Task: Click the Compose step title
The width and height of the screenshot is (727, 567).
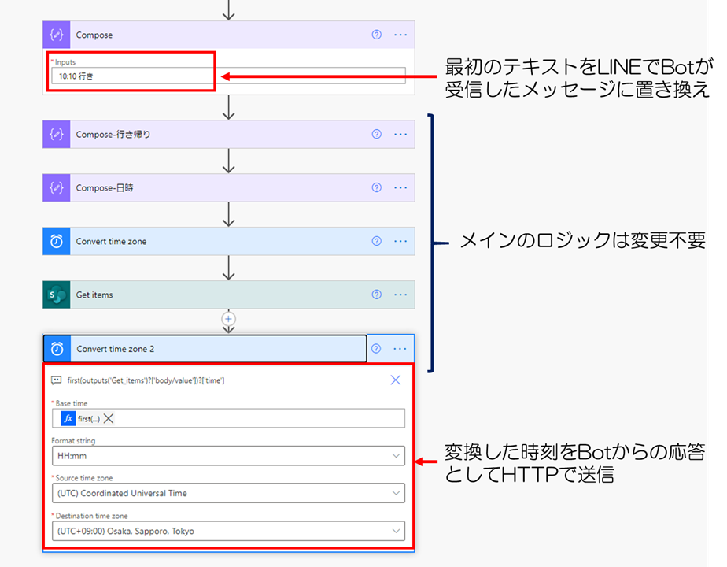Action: [94, 35]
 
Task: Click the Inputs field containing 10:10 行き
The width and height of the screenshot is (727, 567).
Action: [228, 76]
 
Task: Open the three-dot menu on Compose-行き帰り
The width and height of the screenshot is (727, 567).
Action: [400, 135]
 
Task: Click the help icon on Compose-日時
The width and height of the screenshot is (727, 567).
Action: [376, 188]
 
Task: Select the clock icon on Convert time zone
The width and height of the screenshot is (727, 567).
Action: [57, 242]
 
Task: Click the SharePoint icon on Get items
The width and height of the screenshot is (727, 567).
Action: [57, 295]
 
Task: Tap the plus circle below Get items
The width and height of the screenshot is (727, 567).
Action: [229, 319]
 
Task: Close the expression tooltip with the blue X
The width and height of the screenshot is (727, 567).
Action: [396, 380]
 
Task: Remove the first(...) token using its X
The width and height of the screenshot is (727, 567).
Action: [109, 419]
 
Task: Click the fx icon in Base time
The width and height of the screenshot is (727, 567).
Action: [68, 419]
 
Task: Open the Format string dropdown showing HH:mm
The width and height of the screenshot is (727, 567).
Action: [228, 456]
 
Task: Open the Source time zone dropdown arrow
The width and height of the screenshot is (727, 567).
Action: [395, 494]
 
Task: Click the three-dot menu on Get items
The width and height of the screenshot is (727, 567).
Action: [400, 295]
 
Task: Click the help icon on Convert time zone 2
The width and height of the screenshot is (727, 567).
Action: [376, 349]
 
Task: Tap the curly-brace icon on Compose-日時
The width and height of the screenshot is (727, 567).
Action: [57, 188]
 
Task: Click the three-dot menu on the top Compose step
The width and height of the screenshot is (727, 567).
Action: [400, 35]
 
